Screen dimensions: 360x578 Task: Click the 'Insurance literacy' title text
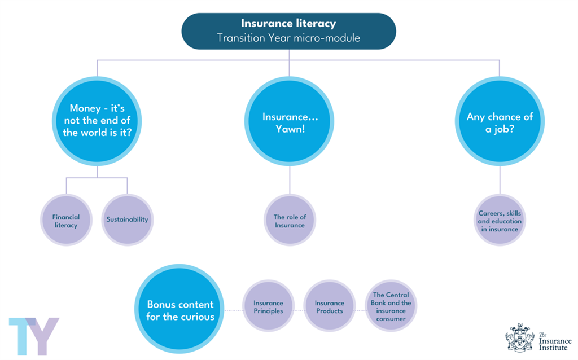coord(288,24)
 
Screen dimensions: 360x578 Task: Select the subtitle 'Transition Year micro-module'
coord(288,38)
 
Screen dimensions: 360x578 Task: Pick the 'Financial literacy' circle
coord(66,220)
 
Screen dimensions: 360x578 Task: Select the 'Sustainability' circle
coord(127,220)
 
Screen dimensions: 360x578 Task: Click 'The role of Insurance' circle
coord(290,220)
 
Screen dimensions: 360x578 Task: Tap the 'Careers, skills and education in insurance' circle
coord(500,220)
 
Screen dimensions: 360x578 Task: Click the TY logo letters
coord(33,336)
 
